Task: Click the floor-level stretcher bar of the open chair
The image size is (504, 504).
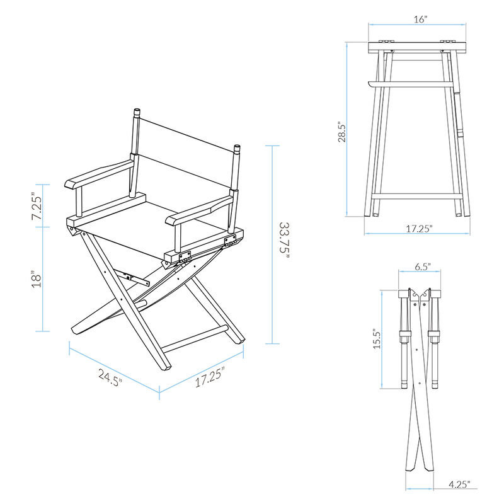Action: pos(195,338)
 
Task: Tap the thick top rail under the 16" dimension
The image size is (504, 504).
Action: pos(418,46)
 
